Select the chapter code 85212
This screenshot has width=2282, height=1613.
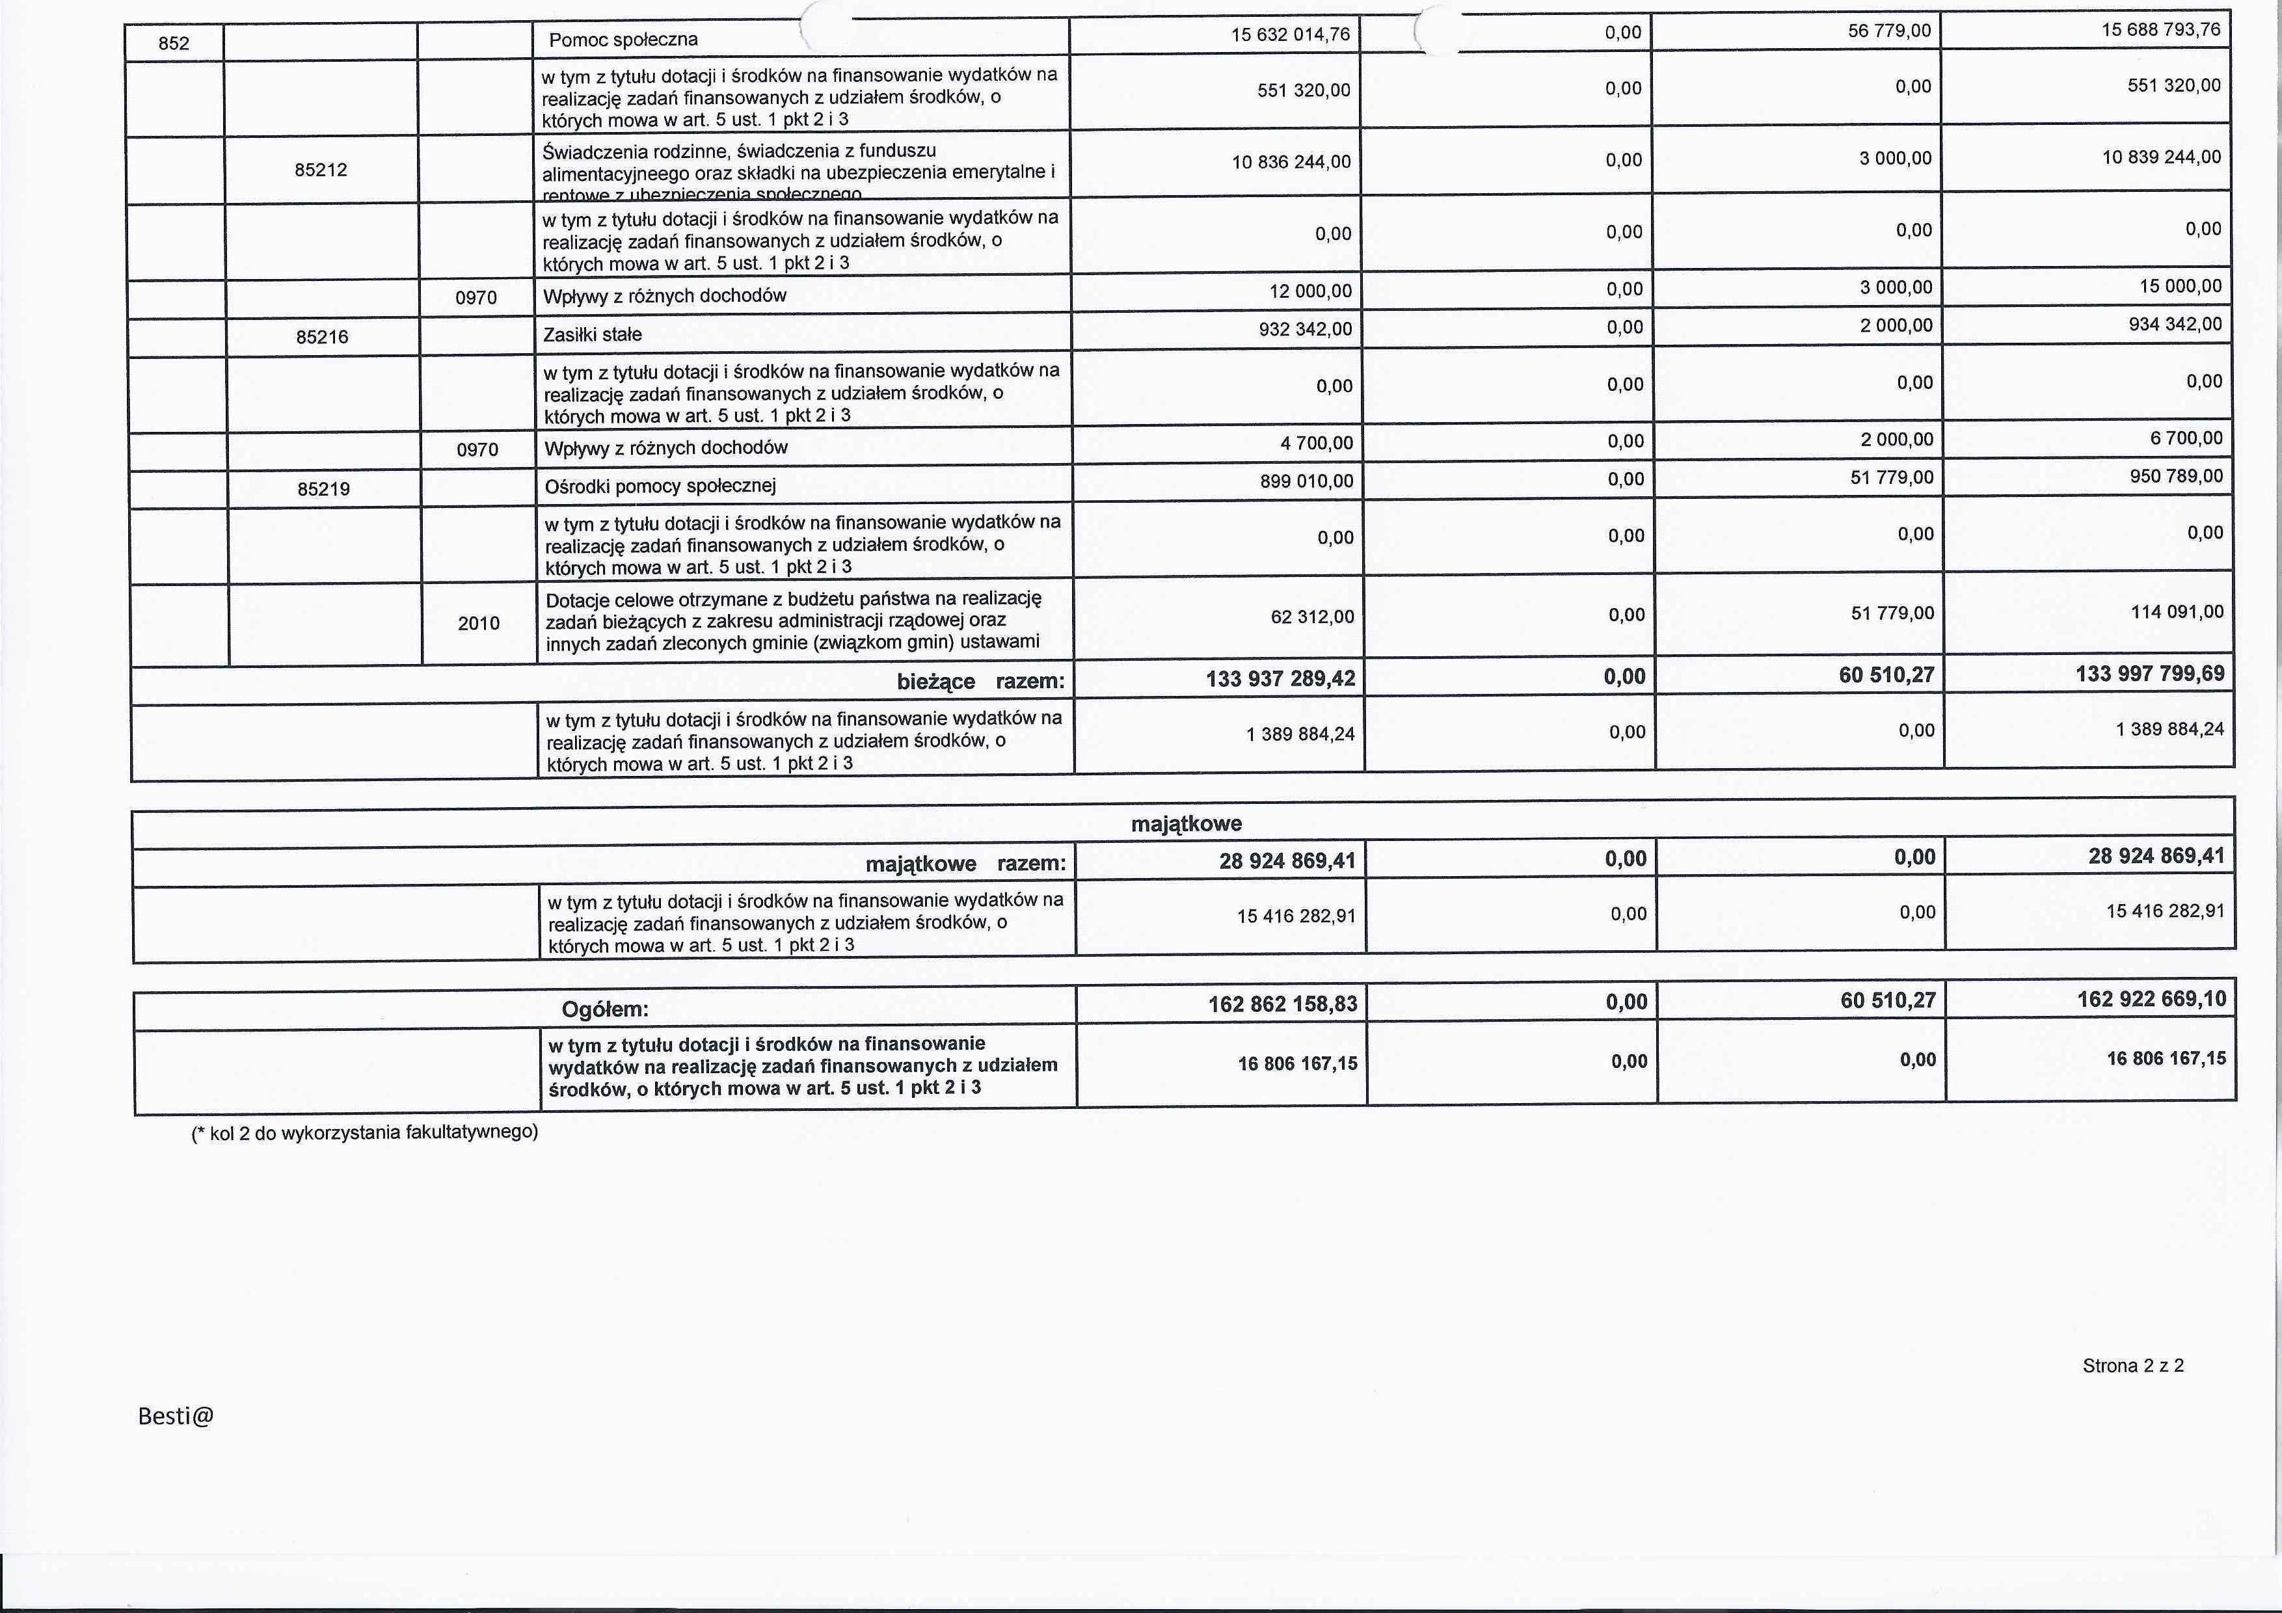[x=321, y=170]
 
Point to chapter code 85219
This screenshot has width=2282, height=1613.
[x=323, y=489]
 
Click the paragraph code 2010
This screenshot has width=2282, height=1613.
[x=478, y=623]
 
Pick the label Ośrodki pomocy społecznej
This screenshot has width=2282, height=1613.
[x=660, y=486]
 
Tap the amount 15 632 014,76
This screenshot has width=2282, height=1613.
[x=1290, y=34]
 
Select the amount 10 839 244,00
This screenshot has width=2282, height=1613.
[x=2161, y=157]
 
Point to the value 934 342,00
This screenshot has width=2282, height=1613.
[x=2175, y=324]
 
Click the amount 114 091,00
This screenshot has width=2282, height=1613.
[x=2177, y=612]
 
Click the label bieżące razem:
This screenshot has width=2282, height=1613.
[x=980, y=682]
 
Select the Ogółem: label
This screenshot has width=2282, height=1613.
[x=605, y=1009]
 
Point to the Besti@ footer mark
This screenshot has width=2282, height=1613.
[x=176, y=1416]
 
